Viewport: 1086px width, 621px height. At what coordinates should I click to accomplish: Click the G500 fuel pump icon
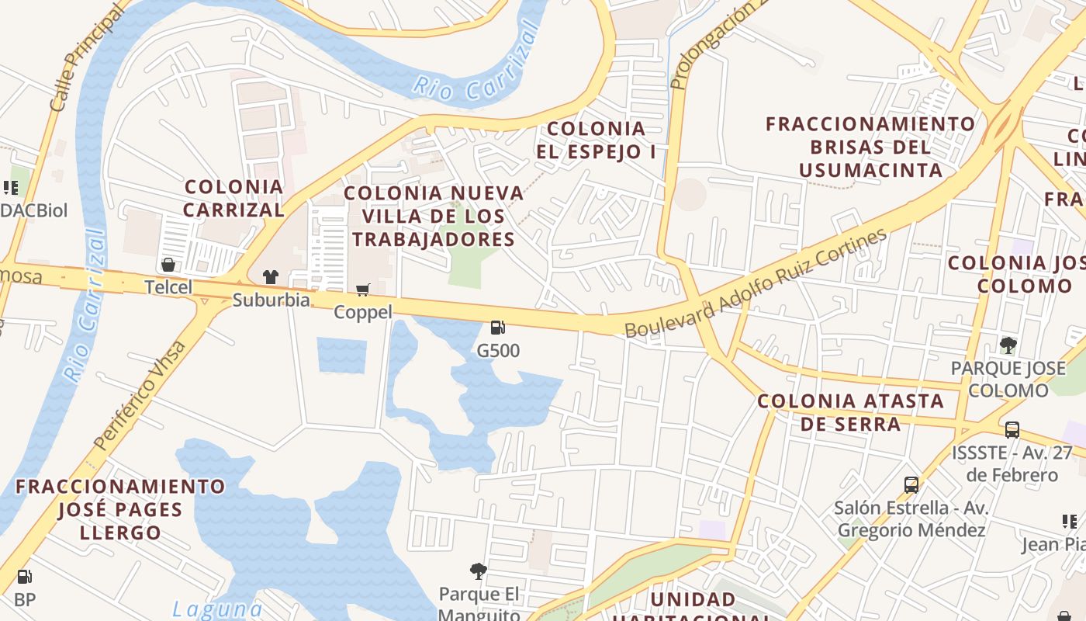point(498,328)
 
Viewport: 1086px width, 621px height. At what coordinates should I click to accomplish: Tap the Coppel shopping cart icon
point(362,290)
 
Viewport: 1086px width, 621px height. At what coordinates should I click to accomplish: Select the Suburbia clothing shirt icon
point(270,276)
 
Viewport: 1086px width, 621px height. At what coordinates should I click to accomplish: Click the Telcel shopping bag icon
point(168,265)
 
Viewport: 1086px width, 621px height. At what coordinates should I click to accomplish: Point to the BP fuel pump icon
point(25,577)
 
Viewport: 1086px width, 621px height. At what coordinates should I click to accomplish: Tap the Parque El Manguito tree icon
point(479,571)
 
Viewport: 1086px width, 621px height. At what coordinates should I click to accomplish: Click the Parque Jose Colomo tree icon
point(1008,345)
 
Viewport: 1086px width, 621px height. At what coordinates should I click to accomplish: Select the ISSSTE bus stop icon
point(1012,429)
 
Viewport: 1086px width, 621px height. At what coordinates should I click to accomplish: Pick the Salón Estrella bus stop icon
point(911,484)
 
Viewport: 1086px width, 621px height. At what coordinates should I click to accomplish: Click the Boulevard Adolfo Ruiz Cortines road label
point(756,283)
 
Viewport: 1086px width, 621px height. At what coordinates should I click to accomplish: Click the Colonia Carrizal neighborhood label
point(234,198)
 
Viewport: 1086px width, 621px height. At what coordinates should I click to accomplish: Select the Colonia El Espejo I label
point(596,140)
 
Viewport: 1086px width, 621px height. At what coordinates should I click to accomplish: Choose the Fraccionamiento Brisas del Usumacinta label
point(870,147)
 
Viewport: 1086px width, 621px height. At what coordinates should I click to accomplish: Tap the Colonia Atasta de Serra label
point(851,412)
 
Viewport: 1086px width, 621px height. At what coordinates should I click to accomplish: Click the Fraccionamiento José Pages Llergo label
point(120,509)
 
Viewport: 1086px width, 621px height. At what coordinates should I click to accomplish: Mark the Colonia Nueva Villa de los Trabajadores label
point(434,216)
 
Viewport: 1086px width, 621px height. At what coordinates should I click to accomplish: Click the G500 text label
point(498,351)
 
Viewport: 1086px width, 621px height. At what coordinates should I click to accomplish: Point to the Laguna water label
point(217,609)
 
